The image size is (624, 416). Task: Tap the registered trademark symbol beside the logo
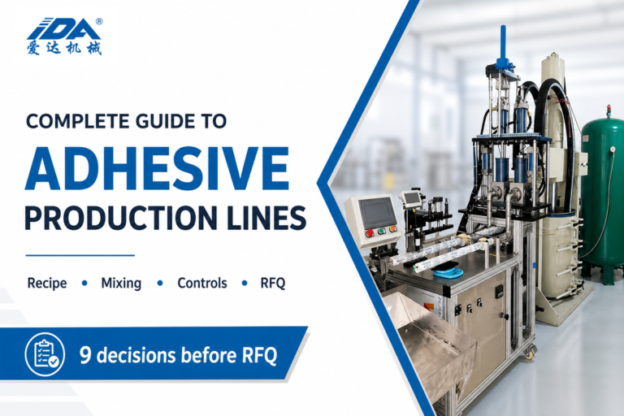(x=99, y=21)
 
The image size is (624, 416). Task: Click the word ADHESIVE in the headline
(x=157, y=168)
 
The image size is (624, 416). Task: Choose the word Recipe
(x=47, y=283)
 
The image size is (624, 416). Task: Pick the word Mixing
(x=121, y=283)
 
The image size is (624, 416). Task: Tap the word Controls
(x=202, y=283)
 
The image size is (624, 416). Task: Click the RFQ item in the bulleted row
(x=273, y=283)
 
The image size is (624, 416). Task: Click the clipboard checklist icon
(x=45, y=354)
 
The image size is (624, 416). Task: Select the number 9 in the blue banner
(x=84, y=355)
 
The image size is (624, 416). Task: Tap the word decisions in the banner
(x=136, y=355)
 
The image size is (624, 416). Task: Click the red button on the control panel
(x=369, y=233)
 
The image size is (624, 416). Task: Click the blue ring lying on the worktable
(x=448, y=273)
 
